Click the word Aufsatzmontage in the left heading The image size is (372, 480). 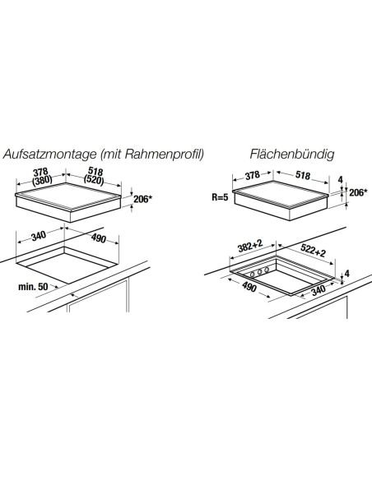pyautogui.click(x=49, y=155)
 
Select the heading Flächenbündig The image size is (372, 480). pyautogui.click(x=291, y=155)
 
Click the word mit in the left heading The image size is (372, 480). pyautogui.click(x=110, y=155)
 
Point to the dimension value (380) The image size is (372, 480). pyautogui.click(x=42, y=180)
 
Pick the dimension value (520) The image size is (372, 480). pyautogui.click(x=94, y=180)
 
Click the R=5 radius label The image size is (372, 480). pyautogui.click(x=220, y=196)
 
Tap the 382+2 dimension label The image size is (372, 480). pyautogui.click(x=250, y=246)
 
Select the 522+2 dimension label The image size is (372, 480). pyautogui.click(x=313, y=250)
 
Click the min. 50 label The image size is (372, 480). pyautogui.click(x=33, y=287)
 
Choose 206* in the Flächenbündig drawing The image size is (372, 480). pyautogui.click(x=358, y=192)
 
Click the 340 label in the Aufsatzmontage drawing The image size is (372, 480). pyautogui.click(x=39, y=236)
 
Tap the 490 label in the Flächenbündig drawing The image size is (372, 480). pyautogui.click(x=249, y=287)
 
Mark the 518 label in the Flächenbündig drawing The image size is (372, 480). pyautogui.click(x=303, y=175)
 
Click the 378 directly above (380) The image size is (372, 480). pyautogui.click(x=40, y=172)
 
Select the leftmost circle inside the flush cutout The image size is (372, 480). pyautogui.click(x=253, y=275)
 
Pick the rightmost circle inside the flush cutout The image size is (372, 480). pyautogui.click(x=267, y=270)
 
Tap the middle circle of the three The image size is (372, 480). pyautogui.click(x=260, y=272)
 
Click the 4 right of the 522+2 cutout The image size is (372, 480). pyautogui.click(x=346, y=274)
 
